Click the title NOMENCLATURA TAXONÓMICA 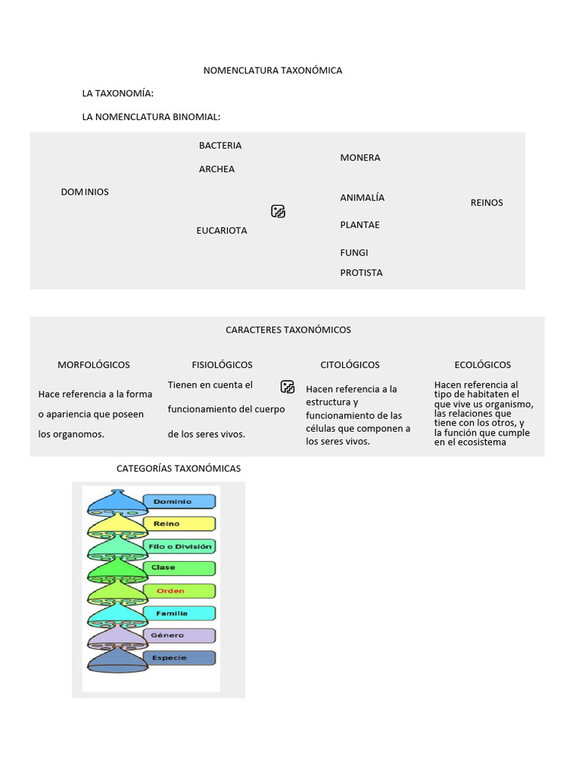[272, 71]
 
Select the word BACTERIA [220, 146]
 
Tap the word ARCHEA [217, 170]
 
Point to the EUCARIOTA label [222, 231]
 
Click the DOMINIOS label [85, 192]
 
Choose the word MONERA [360, 158]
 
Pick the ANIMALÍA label [362, 198]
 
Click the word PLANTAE [360, 225]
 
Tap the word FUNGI [354, 253]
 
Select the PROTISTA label [361, 273]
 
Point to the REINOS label [487, 203]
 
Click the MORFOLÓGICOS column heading [94, 365]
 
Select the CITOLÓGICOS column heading [350, 365]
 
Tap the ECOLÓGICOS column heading [483, 365]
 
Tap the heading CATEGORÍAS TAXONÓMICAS [178, 469]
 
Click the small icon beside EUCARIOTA [278, 212]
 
